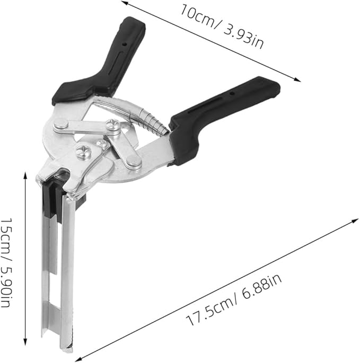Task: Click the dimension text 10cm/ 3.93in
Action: pyautogui.click(x=222, y=26)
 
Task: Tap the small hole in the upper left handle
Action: pyautogui.click(x=125, y=43)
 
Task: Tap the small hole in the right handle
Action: pyautogui.click(x=231, y=93)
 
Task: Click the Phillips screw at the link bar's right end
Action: pyautogui.click(x=113, y=126)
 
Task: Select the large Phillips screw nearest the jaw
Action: pyautogui.click(x=83, y=152)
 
